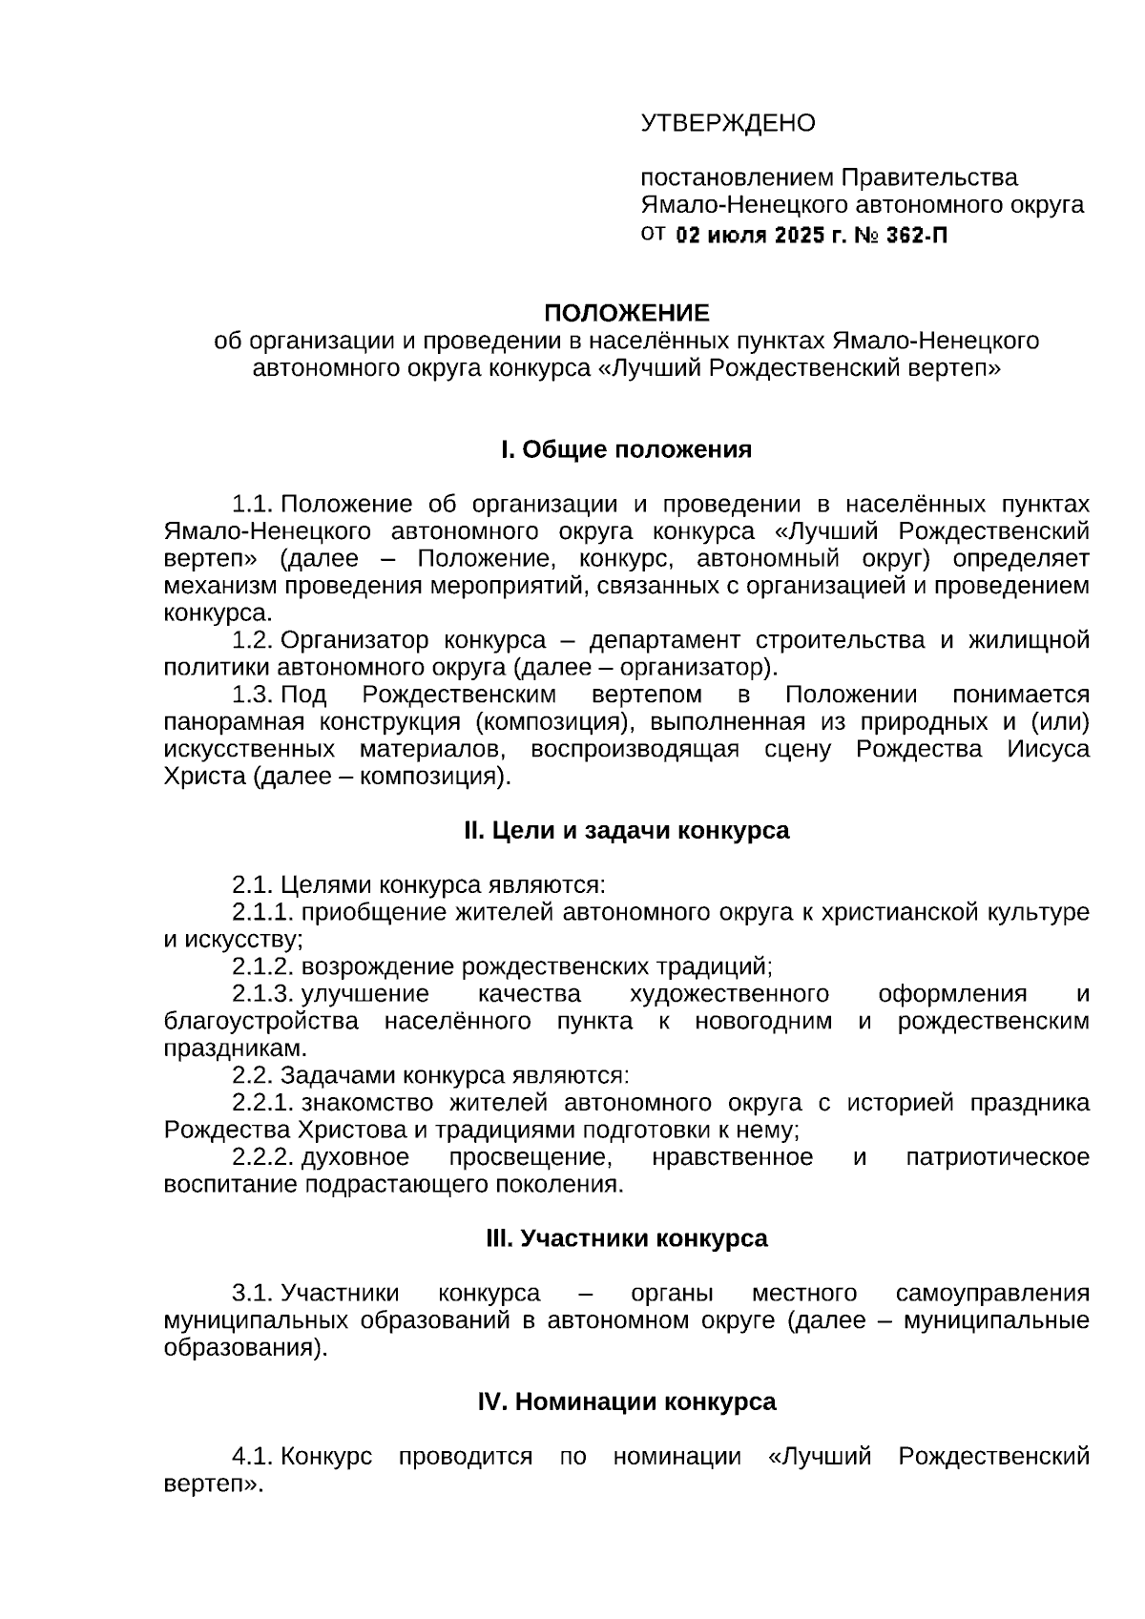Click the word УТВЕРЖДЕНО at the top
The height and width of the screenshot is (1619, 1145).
coord(727,123)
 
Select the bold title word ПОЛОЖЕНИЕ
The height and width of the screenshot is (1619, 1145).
coord(627,313)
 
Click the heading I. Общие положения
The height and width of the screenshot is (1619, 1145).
coord(627,449)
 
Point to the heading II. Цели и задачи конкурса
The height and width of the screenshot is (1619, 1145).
coord(627,830)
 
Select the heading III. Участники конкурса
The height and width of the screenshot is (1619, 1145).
coord(627,1238)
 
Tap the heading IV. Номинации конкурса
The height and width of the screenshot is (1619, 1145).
coord(627,1401)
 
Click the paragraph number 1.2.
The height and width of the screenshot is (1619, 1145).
coord(253,640)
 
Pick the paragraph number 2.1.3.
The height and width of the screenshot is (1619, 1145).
coord(262,994)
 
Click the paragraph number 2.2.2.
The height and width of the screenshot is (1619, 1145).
coord(262,1157)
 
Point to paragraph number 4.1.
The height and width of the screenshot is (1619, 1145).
coord(253,1457)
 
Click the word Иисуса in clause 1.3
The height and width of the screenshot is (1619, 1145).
coord(1048,749)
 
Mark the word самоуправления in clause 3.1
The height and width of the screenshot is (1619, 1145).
coord(992,1294)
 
